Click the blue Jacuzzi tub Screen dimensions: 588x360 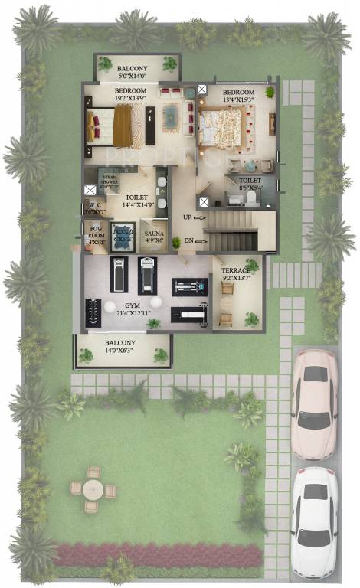(123, 236)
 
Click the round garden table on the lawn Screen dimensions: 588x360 (93, 489)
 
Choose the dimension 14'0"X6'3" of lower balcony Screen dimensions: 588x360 (122, 351)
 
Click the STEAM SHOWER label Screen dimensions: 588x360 (108, 177)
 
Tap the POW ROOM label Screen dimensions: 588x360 (96, 232)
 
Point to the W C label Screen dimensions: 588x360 (94, 205)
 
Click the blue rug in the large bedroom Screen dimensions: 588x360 (170, 119)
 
